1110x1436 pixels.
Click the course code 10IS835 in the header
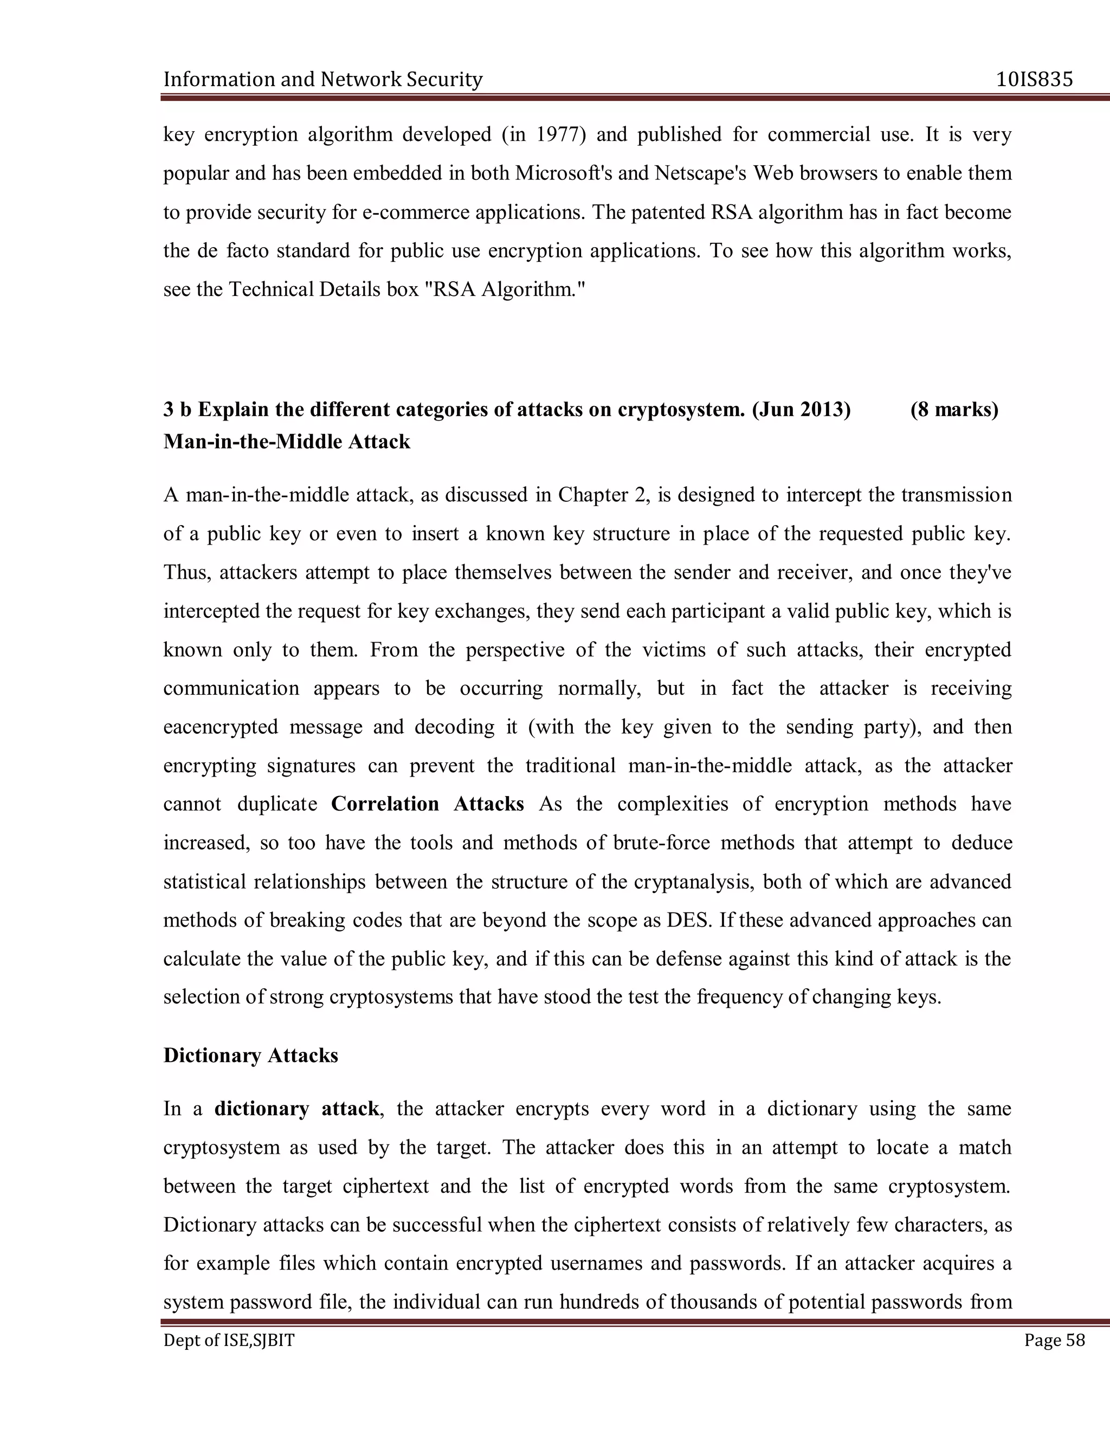[x=1034, y=80]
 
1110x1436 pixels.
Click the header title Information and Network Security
[x=323, y=80]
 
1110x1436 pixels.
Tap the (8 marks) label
[x=954, y=410]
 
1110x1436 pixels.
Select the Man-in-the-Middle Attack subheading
[x=287, y=442]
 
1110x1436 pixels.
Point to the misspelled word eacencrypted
[x=220, y=727]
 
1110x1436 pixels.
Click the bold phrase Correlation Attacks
[x=428, y=804]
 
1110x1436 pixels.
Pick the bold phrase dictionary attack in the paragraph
[x=296, y=1109]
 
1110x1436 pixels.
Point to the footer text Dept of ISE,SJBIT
[x=229, y=1340]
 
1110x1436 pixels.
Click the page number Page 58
[x=1054, y=1340]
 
